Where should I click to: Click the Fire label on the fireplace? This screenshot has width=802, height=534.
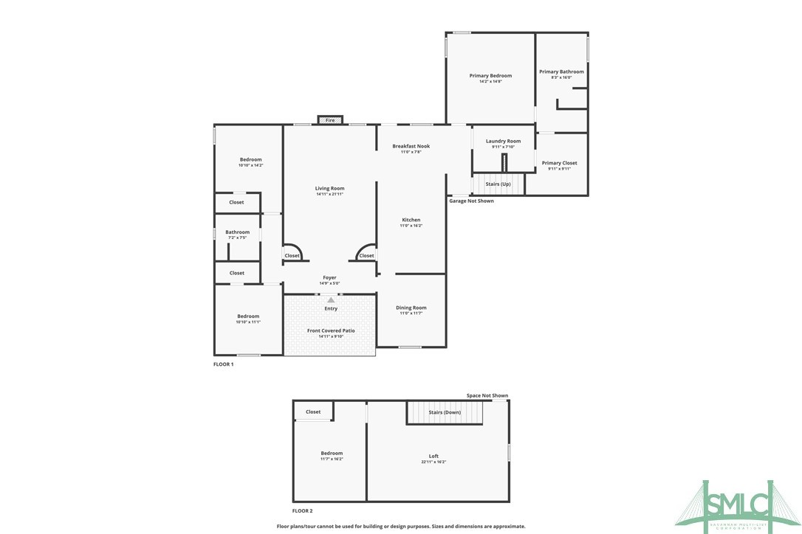click(330, 120)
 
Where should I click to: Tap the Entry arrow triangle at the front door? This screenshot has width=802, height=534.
click(331, 299)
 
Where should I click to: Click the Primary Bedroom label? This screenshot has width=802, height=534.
click(490, 76)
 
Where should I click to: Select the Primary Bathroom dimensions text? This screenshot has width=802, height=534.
click(561, 77)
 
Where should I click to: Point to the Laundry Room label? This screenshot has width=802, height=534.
click(503, 141)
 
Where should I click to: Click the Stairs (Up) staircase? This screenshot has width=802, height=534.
click(498, 183)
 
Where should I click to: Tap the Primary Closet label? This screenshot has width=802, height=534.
click(559, 163)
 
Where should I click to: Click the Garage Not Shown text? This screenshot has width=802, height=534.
click(471, 201)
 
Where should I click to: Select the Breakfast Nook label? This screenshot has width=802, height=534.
click(411, 146)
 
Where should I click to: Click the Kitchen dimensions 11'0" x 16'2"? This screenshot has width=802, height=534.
click(411, 226)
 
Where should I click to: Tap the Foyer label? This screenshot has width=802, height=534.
click(329, 277)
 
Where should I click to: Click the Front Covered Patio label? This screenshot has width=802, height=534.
click(331, 330)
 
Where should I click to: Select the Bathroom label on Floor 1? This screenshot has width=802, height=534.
click(237, 232)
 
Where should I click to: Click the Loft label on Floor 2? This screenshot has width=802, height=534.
click(433, 456)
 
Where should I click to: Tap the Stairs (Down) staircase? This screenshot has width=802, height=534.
click(444, 412)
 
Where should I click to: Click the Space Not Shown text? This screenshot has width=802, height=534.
click(487, 396)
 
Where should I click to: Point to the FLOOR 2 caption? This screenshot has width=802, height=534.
click(302, 510)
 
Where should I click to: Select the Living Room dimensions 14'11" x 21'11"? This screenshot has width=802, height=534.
click(330, 194)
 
